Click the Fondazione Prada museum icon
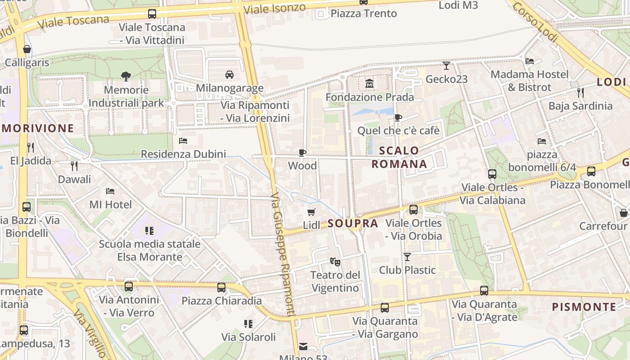(x=369, y=84)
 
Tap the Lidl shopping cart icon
(x=311, y=212)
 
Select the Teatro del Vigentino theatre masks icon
(x=335, y=261)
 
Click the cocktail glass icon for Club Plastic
(x=407, y=256)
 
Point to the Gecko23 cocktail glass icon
(x=446, y=66)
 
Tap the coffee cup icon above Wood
(x=302, y=153)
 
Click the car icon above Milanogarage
(x=229, y=74)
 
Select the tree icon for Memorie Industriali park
(x=126, y=76)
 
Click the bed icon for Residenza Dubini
(x=183, y=141)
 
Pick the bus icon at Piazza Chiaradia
(x=221, y=287)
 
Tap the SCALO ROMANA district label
(x=399, y=157)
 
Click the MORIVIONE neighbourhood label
(x=37, y=128)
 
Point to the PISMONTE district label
(x=584, y=307)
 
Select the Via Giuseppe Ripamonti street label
(x=283, y=254)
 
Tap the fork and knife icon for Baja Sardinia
(x=580, y=93)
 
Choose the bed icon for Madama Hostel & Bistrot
(x=530, y=61)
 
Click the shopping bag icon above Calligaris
(x=27, y=49)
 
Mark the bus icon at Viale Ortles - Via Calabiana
(x=492, y=174)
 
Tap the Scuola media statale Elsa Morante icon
(x=149, y=231)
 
